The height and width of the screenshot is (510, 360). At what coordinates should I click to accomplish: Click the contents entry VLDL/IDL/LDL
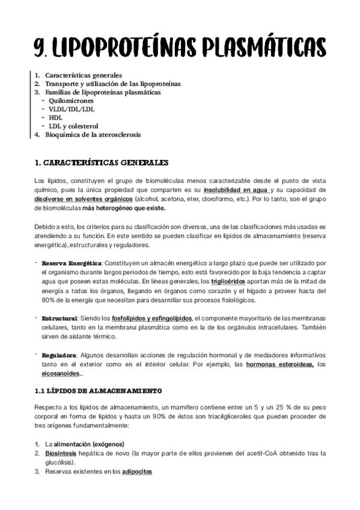tap(71, 109)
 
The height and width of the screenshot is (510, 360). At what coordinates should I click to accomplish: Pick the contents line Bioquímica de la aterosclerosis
tap(93, 135)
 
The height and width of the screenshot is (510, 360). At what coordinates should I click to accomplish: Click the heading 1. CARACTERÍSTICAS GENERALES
tap(102, 162)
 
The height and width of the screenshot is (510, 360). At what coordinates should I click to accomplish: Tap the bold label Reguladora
tap(59, 355)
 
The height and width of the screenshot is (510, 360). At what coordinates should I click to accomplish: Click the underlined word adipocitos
tap(137, 472)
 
